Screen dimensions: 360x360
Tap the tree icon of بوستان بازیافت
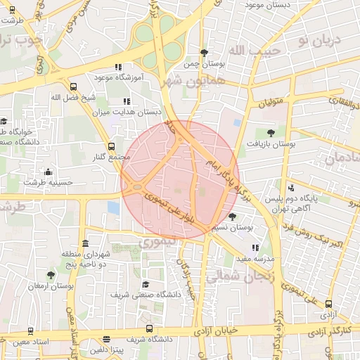tap(271, 131)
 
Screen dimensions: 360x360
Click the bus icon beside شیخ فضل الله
tap(74, 86)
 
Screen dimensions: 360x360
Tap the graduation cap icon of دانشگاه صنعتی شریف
tap(146, 285)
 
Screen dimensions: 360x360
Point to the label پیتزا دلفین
tap(106, 349)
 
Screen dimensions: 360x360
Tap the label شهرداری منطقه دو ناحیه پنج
tap(94, 258)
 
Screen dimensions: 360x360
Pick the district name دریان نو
tap(318, 40)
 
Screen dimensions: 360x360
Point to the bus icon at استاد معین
tap(30, 330)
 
